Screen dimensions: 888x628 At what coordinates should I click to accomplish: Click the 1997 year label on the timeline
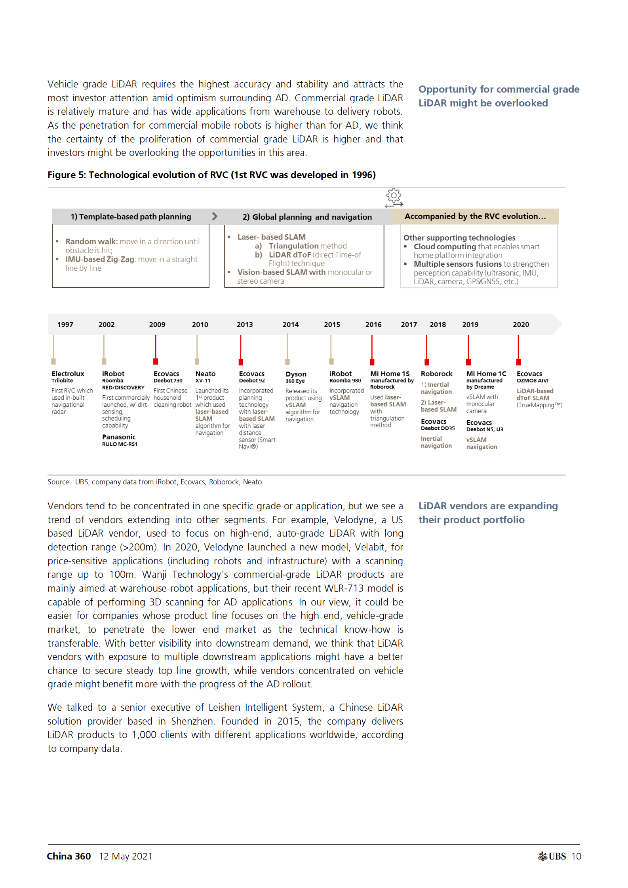[65, 324]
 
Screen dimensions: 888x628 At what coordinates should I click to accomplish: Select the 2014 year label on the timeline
[290, 324]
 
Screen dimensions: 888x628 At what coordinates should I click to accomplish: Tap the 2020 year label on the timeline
[521, 324]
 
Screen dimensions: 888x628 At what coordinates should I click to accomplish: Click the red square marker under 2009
[156, 361]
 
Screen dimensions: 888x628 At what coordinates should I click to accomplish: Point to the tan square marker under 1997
[53, 361]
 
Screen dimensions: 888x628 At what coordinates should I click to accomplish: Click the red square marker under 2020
[518, 362]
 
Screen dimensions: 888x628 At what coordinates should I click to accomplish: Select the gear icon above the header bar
[394, 195]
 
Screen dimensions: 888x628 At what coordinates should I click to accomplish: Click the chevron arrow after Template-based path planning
[215, 216]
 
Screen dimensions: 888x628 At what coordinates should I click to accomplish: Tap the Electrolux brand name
[68, 374]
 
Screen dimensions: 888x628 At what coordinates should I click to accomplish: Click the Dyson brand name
[296, 374]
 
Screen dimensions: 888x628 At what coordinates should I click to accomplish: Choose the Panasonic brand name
[119, 437]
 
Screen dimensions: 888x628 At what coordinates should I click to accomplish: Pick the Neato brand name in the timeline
[205, 374]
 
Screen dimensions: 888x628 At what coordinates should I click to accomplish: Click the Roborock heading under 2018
[436, 374]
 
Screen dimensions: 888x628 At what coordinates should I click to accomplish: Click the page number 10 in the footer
[576, 856]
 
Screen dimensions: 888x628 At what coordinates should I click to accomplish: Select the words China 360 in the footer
[69, 856]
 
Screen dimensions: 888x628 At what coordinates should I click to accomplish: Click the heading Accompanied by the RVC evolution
[475, 216]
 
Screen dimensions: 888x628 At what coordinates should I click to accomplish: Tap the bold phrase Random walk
[91, 241]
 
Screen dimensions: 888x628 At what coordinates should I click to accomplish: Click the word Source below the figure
[59, 482]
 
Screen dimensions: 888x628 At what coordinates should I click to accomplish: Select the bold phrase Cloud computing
[439, 247]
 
